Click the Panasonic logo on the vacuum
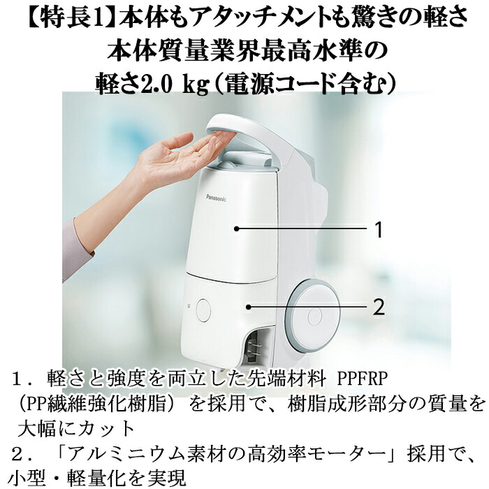click(216, 198)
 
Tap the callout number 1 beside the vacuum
click(379, 230)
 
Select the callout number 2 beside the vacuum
click(379, 307)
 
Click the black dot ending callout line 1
click(236, 228)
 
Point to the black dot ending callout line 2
click(248, 307)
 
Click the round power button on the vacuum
click(203, 310)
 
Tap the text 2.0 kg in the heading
click(175, 85)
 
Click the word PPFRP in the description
click(363, 379)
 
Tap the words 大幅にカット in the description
click(75, 428)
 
